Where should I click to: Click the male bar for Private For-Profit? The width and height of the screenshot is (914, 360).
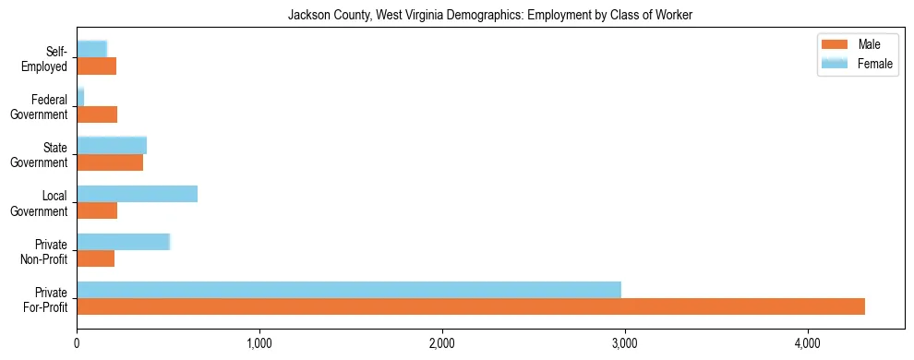(x=471, y=306)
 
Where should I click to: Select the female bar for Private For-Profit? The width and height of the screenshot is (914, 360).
(x=349, y=290)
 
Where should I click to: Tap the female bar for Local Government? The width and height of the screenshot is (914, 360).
(x=137, y=194)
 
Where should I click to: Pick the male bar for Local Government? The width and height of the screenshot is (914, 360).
(x=97, y=210)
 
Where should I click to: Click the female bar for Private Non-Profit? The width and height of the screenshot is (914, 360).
(x=123, y=242)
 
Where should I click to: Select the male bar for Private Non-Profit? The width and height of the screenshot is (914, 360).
(x=95, y=258)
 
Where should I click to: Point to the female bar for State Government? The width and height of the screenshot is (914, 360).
(x=112, y=145)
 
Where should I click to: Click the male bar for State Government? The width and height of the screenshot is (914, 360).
(x=110, y=162)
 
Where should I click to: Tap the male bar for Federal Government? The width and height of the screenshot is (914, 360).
(x=97, y=114)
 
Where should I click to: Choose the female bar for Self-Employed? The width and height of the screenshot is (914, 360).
(x=92, y=49)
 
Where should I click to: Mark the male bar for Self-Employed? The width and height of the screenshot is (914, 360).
(x=96, y=66)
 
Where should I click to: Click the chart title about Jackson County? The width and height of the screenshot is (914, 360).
(x=490, y=16)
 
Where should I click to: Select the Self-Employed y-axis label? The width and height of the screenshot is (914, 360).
(x=48, y=59)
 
